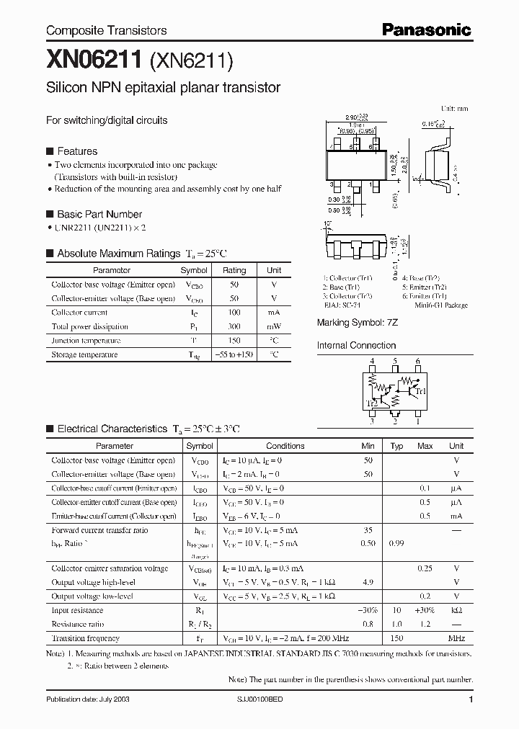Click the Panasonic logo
pos(426,30)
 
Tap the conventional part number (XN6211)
pos(190,62)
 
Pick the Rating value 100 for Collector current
pos(234,313)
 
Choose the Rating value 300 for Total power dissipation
pos(234,326)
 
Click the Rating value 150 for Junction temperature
pos(234,341)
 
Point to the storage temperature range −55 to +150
pos(234,354)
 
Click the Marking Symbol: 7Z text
pos(358,323)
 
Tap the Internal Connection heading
pos(357,346)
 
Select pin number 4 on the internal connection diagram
pos(372,361)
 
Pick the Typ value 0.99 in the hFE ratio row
pos(396,543)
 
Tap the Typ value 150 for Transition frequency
pos(396,638)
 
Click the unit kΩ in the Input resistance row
pos(456,609)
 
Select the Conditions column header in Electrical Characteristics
pos(285,446)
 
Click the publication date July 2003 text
pos(88,699)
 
